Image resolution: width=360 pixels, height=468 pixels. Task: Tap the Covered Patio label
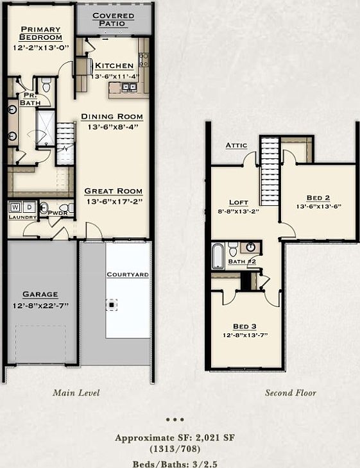click(x=113, y=19)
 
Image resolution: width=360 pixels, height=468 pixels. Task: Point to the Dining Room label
click(x=112, y=117)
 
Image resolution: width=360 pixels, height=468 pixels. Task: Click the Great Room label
click(x=113, y=191)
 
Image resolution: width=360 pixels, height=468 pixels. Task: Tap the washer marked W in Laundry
click(x=15, y=207)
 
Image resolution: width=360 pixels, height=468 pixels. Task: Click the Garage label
click(x=40, y=294)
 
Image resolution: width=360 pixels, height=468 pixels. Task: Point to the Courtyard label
click(x=127, y=274)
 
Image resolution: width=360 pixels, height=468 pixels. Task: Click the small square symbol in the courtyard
click(x=113, y=305)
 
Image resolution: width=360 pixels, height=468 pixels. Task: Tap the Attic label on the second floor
click(x=236, y=146)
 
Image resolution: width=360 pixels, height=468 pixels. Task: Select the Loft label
click(x=239, y=202)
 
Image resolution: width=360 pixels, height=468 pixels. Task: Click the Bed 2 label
click(x=318, y=197)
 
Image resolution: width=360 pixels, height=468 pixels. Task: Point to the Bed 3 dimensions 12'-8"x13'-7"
click(x=245, y=335)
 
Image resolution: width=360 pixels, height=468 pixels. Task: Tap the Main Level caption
click(x=76, y=392)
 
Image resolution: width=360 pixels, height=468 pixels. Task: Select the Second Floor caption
click(x=290, y=392)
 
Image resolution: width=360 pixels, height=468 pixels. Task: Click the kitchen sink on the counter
click(x=129, y=87)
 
